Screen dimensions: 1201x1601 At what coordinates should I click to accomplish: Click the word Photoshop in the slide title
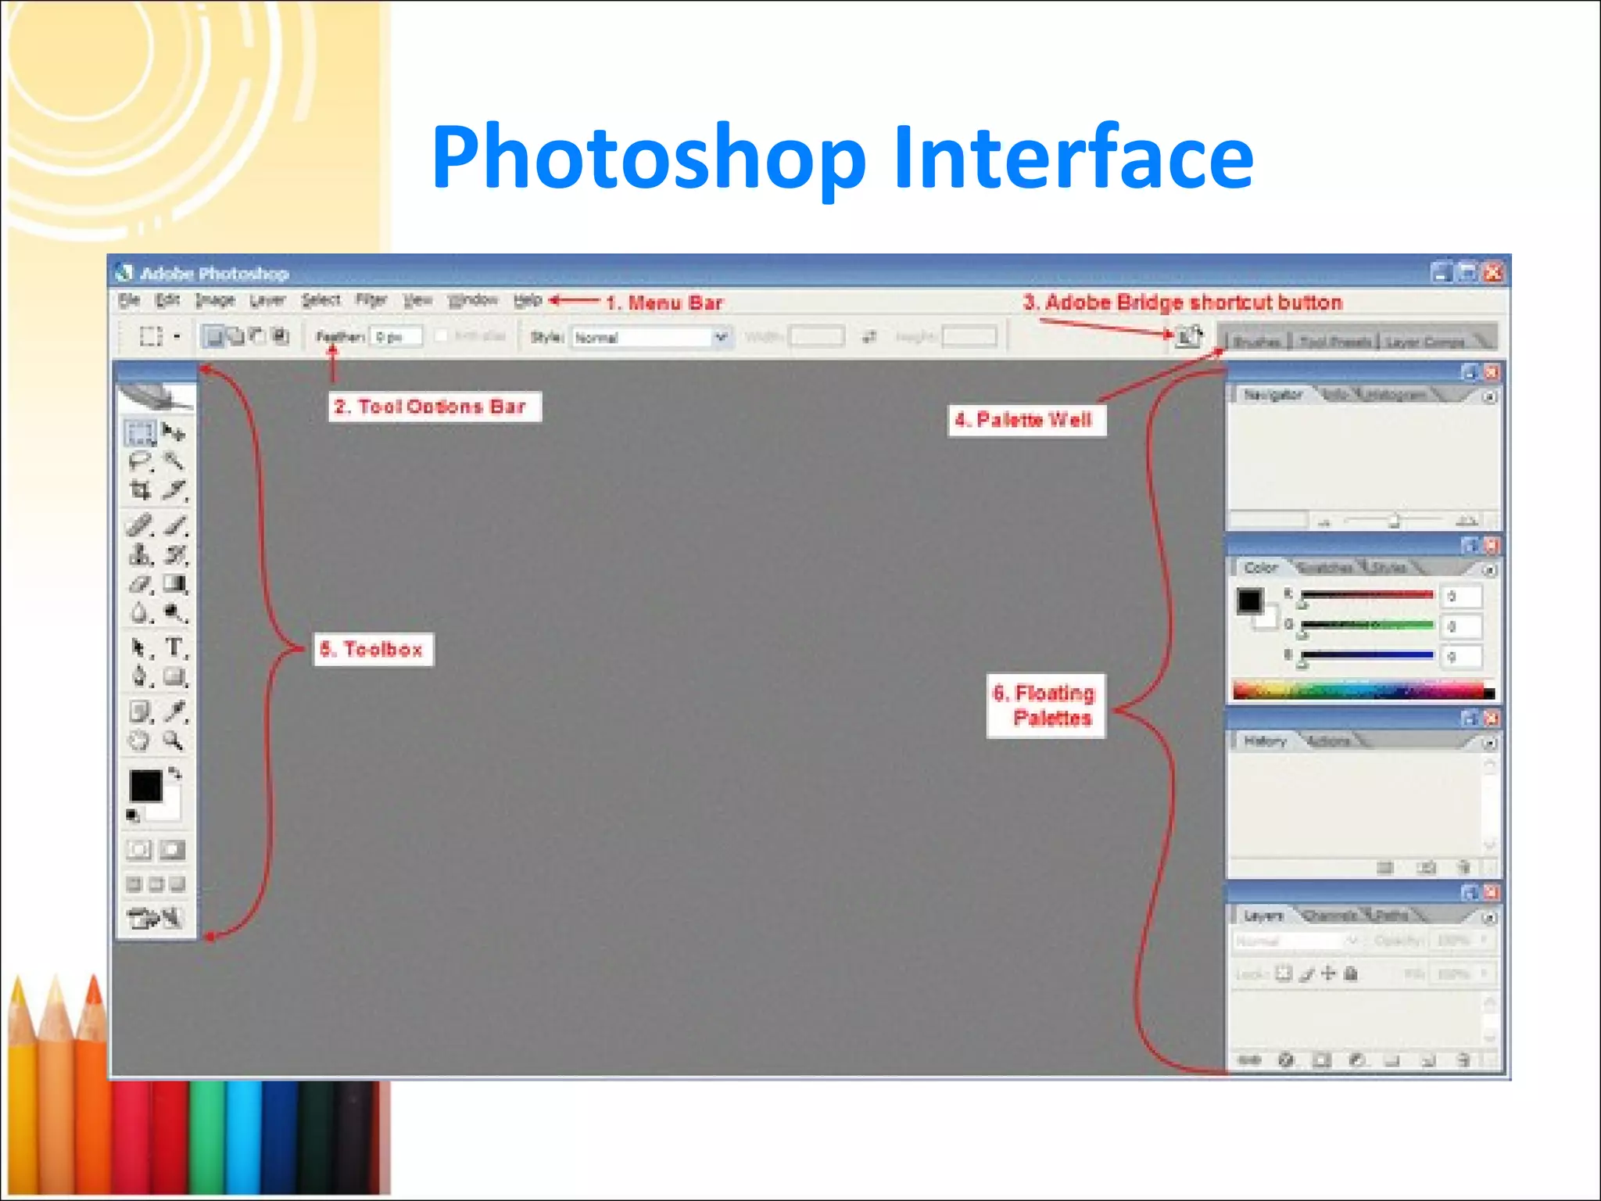coord(649,159)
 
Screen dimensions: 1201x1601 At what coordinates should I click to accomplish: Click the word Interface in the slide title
coord(1073,159)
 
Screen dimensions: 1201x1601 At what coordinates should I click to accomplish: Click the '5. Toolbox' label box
coord(374,649)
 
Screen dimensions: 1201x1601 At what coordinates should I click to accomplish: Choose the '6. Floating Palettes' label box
coord(1046,705)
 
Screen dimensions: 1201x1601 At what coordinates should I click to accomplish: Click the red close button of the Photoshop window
coord(1493,272)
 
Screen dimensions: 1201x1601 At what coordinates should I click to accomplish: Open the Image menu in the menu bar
coord(215,300)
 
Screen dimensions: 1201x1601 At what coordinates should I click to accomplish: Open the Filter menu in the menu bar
coord(371,300)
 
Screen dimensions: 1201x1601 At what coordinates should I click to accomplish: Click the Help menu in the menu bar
coord(528,300)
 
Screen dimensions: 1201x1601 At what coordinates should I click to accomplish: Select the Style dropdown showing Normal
coord(650,337)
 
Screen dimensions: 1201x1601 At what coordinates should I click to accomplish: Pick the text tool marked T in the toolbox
coord(174,647)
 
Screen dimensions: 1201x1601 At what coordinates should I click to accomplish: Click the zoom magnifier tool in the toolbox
coord(173,740)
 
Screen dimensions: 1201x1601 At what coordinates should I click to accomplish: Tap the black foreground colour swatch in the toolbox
coord(145,785)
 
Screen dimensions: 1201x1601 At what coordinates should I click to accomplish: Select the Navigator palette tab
coord(1272,395)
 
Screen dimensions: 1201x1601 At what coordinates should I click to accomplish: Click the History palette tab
coord(1264,741)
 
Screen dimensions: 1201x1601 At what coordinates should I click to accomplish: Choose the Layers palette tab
coord(1263,916)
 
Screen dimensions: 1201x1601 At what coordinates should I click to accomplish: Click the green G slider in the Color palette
coord(1366,625)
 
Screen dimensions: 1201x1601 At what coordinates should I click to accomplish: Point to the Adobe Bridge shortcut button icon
coord(1189,337)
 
